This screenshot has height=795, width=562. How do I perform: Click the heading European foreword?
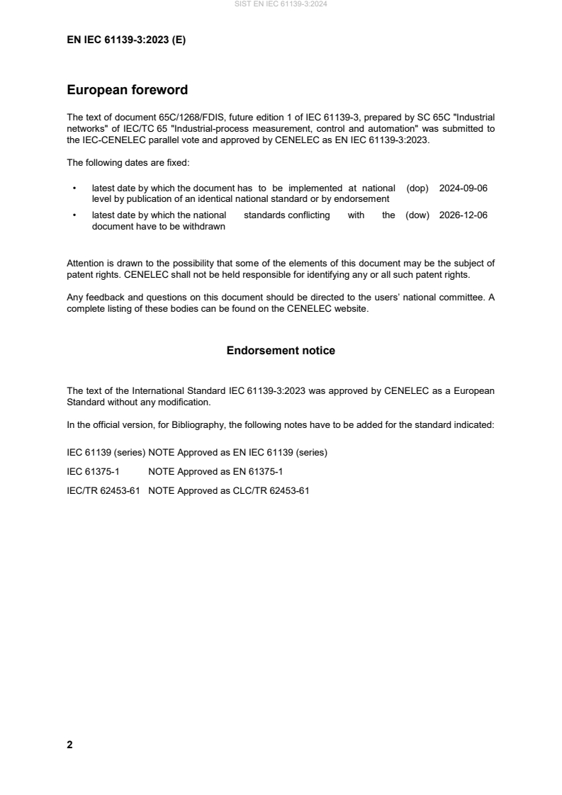pos(127,90)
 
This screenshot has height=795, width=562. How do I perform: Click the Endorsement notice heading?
pos(281,351)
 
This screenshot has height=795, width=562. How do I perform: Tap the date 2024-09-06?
pos(463,188)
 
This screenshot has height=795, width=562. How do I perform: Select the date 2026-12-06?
pos(463,215)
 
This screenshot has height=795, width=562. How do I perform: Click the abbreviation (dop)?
pos(418,188)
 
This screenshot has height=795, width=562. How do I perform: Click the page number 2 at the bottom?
pos(69,745)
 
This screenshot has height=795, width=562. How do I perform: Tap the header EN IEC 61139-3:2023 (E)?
pos(126,40)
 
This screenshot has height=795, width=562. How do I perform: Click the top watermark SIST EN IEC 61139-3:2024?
pos(281,4)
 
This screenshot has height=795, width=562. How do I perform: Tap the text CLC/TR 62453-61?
pos(276,490)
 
